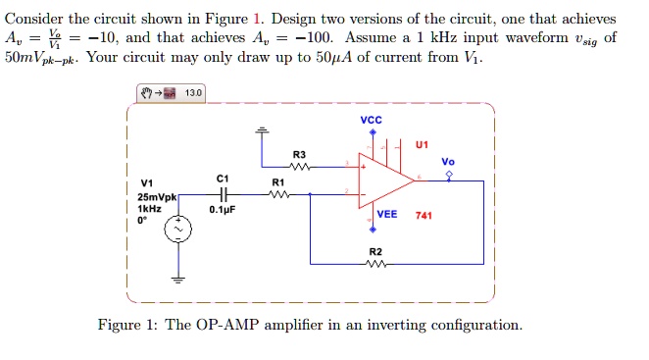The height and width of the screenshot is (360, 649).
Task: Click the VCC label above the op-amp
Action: click(372, 121)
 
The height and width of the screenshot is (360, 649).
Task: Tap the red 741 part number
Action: click(424, 215)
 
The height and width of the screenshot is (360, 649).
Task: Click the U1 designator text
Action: click(422, 145)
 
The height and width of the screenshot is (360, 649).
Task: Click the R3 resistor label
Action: click(299, 155)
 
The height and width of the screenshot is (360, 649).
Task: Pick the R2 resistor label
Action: click(374, 252)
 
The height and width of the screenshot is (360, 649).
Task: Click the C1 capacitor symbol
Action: click(221, 194)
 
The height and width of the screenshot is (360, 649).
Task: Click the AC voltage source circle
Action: click(178, 231)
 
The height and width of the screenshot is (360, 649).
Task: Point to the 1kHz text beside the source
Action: click(149, 209)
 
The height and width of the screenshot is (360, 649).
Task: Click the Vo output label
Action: click(448, 162)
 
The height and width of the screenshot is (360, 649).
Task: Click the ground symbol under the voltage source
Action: click(178, 278)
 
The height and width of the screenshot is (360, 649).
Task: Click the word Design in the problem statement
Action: click(294, 20)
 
